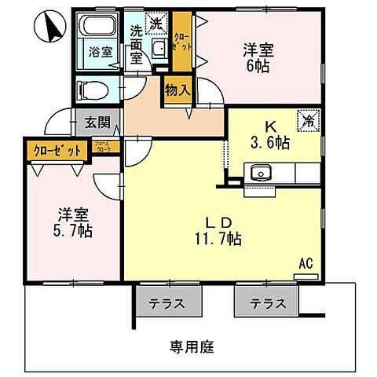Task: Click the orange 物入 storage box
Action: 178,90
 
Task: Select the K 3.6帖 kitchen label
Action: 269,135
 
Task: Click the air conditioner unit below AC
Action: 303,277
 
